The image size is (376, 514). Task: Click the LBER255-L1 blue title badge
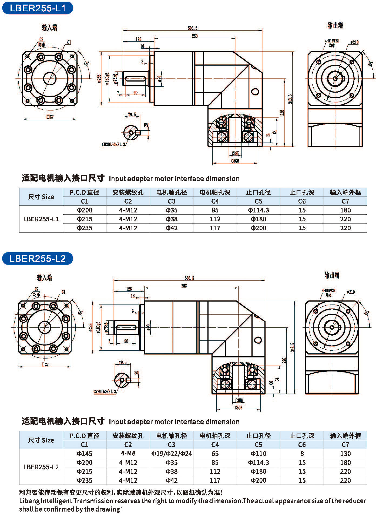[x=38, y=8]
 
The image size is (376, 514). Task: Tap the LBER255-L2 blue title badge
[x=38, y=258]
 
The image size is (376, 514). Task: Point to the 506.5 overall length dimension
[x=192, y=28]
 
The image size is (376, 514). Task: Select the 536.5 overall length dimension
[x=189, y=278]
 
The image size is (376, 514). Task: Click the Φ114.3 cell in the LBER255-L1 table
[x=258, y=210]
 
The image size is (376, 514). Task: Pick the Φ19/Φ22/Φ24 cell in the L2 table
[x=172, y=454]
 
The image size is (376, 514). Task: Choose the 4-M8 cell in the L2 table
[x=128, y=453]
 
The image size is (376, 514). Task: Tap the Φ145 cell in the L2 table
[x=85, y=454]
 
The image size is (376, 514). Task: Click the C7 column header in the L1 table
[x=345, y=201]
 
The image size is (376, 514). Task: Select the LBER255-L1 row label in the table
[x=41, y=219]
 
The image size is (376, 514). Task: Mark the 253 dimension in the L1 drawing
[x=194, y=36]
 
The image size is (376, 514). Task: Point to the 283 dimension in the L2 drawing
[x=184, y=286]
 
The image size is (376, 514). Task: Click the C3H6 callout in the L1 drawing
[x=236, y=154]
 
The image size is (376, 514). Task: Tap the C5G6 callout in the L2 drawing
[x=238, y=408]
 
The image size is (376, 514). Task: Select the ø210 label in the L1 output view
[x=354, y=42]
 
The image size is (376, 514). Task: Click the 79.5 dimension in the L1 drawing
[x=132, y=115]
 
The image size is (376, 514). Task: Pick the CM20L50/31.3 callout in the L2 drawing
[x=105, y=392]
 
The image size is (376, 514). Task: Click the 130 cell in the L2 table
[x=345, y=454]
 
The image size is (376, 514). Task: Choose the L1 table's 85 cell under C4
[x=215, y=210]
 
